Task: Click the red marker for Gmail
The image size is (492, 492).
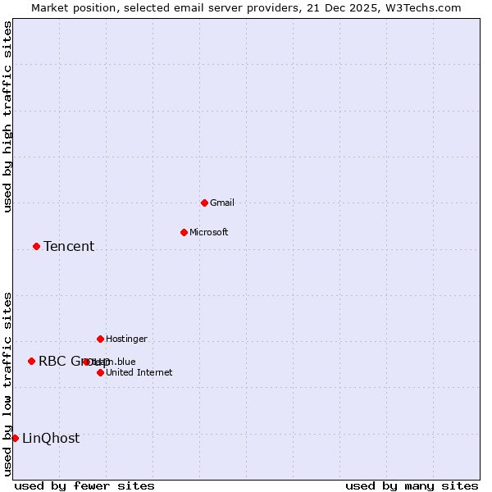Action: click(x=204, y=203)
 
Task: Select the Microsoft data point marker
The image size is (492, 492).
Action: click(x=184, y=232)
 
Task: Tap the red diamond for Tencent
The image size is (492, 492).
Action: click(x=36, y=246)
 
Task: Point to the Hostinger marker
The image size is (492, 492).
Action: click(x=100, y=339)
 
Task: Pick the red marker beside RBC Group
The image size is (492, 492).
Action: click(x=31, y=361)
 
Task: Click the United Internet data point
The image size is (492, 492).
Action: click(x=100, y=372)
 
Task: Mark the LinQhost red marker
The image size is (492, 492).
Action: click(x=15, y=438)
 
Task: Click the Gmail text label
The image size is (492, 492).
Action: click(x=222, y=203)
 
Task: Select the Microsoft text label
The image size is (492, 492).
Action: click(x=209, y=232)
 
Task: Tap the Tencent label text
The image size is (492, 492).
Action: click(x=69, y=246)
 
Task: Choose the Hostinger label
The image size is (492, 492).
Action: click(x=126, y=339)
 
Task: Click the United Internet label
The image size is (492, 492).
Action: click(x=139, y=372)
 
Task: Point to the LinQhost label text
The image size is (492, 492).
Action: click(x=51, y=438)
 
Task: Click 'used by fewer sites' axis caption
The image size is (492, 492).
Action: click(x=84, y=485)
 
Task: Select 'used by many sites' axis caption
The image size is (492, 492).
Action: click(x=412, y=485)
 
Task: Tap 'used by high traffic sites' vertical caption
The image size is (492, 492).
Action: click(x=7, y=116)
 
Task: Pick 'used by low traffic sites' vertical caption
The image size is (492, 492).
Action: click(x=7, y=384)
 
